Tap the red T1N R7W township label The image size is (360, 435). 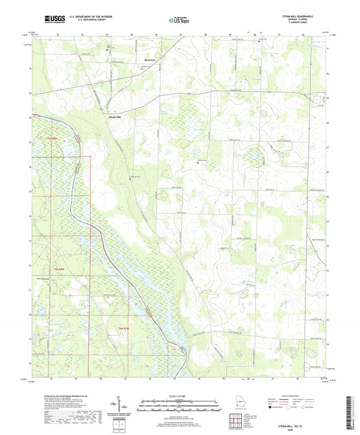123,328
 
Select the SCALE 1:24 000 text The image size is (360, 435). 182,396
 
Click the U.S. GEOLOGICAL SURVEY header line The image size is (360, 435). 84,20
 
